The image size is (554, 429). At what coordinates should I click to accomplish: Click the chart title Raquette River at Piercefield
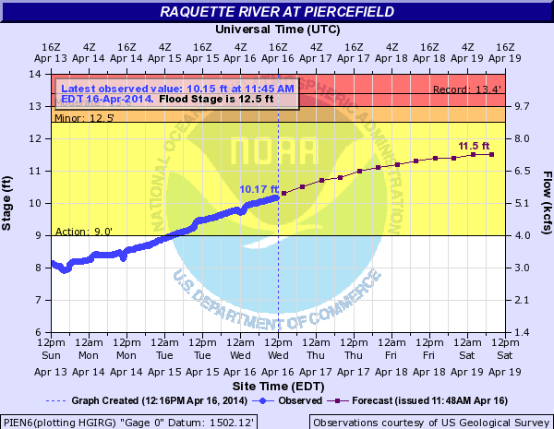pos(277,11)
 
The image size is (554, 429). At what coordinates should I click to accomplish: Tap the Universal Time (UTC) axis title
pos(277,29)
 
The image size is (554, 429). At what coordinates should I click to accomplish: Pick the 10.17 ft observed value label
pos(259,189)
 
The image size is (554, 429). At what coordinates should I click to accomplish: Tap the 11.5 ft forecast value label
pos(474,147)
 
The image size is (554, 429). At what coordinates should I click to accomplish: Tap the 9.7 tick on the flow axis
pos(521,106)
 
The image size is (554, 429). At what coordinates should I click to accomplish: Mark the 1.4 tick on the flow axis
pos(521,332)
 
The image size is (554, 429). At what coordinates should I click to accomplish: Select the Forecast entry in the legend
pos(410,400)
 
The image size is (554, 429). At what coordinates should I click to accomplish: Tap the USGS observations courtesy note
pos(431,422)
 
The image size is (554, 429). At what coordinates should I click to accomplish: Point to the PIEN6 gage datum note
pos(129,422)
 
